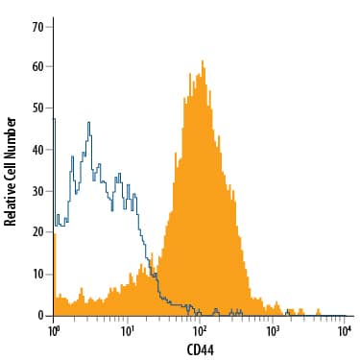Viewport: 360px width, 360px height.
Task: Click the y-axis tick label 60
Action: pyautogui.click(x=37, y=67)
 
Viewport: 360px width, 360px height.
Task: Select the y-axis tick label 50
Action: pyautogui.click(x=37, y=108)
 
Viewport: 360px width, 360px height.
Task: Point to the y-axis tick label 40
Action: pyautogui.click(x=37, y=150)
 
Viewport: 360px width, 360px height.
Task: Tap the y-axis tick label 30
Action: pyautogui.click(x=37, y=191)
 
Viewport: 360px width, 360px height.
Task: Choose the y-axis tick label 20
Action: pyautogui.click(x=37, y=232)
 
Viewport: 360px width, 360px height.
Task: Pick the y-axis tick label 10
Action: pyautogui.click(x=37, y=274)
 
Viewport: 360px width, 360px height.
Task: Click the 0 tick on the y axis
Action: pyautogui.click(x=40, y=315)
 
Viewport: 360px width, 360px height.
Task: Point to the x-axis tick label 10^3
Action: pyautogui.click(x=272, y=331)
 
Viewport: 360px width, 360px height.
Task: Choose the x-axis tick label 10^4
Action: pyautogui.click(x=344, y=331)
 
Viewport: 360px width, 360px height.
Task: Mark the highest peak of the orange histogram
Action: pyautogui.click(x=204, y=62)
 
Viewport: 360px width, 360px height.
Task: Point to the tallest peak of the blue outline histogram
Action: pyautogui.click(x=88, y=123)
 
